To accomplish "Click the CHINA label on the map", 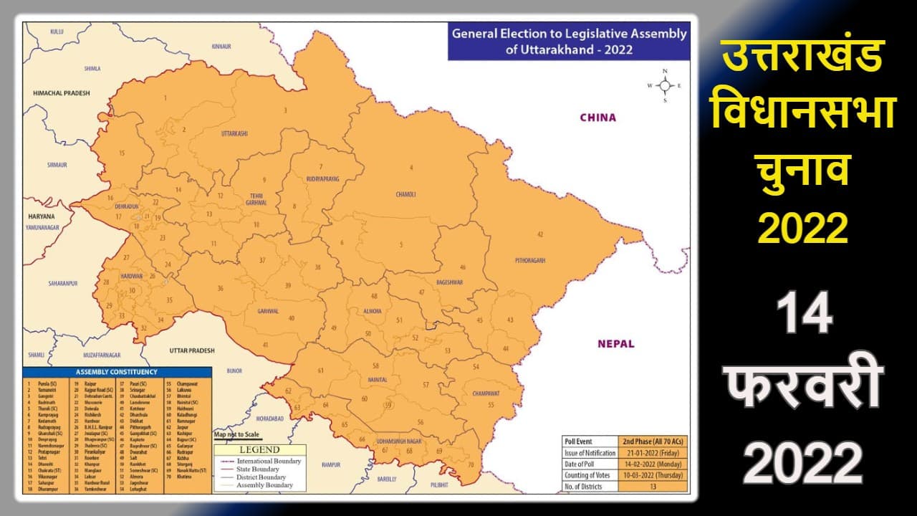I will (597, 118).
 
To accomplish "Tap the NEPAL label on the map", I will (615, 344).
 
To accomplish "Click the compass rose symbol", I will (665, 85).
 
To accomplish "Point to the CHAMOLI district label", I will (405, 194).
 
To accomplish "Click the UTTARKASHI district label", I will (234, 134).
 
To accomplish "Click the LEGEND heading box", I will (260, 449).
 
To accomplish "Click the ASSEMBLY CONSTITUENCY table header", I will (117, 373).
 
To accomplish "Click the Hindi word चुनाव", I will (802, 172).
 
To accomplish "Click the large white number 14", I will (805, 314).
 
